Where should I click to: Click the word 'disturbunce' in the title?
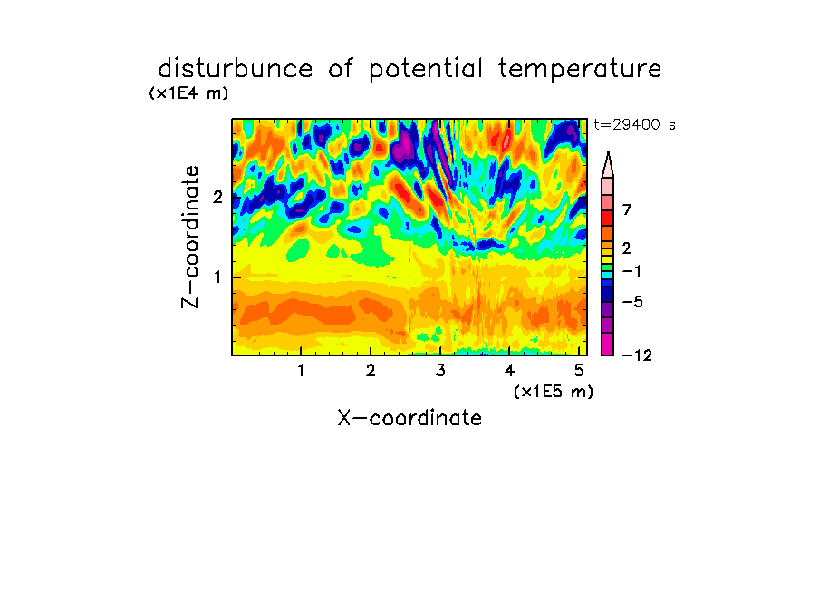tap(235, 68)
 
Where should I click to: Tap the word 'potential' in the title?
tap(426, 70)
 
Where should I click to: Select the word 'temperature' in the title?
tap(580, 70)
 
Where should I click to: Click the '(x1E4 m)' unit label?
tap(188, 93)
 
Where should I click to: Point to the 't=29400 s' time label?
tap(634, 124)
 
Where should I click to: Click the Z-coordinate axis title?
tap(190, 237)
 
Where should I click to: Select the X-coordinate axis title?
tap(409, 418)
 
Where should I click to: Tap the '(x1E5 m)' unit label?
tap(554, 391)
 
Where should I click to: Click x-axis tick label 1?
tap(301, 371)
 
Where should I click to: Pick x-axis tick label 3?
tap(440, 371)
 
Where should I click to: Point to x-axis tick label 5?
tap(579, 371)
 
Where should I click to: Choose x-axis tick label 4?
tap(509, 371)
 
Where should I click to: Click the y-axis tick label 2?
tap(217, 197)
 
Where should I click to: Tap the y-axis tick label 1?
tap(217, 277)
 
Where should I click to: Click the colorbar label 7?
tap(627, 209)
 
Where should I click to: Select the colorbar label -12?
tap(637, 355)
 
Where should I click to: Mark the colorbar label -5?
tap(632, 302)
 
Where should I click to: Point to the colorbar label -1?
tap(631, 271)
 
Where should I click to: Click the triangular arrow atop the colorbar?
tap(608, 164)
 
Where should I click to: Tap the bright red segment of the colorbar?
tap(608, 218)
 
